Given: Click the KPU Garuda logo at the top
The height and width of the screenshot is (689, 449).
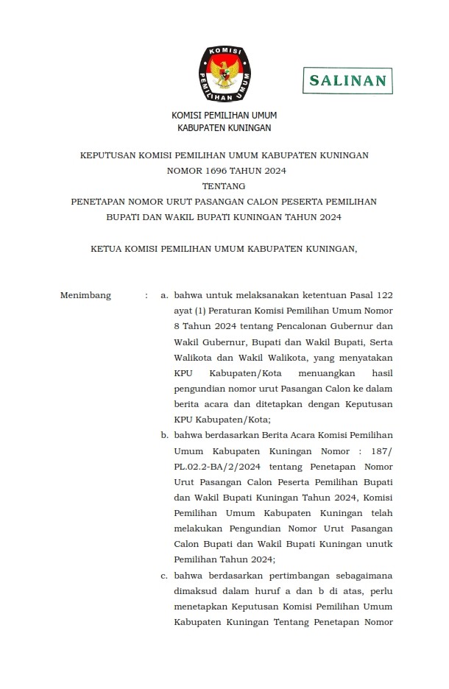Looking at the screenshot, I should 224,74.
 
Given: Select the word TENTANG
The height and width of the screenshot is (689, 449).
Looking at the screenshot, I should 224,186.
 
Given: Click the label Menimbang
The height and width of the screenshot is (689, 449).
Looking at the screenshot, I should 85,296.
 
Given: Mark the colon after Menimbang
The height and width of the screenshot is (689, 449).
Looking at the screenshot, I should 146,296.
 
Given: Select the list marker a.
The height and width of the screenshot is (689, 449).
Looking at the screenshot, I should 164,296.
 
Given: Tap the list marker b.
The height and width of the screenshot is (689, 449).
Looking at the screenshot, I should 165,435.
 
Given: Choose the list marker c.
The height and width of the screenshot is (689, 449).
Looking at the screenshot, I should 164,575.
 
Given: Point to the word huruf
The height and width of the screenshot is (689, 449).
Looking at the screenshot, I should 263,590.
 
